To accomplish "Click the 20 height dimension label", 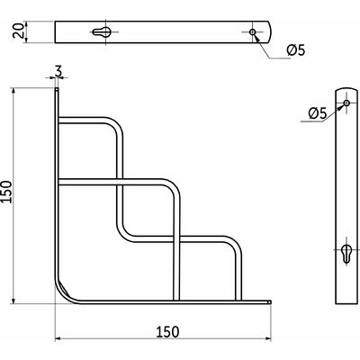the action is point(19,31).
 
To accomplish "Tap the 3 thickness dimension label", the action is point(58,71).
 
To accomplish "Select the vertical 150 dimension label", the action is point(6,192).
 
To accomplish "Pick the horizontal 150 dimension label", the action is point(167,332).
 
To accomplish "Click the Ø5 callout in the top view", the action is point(296,50).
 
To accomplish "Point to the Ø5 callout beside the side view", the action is point(317,113).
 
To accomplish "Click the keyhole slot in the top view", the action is point(102,31).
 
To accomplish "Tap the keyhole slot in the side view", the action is point(346,254).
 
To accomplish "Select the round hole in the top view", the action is point(253,31).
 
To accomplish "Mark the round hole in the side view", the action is point(346,103).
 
